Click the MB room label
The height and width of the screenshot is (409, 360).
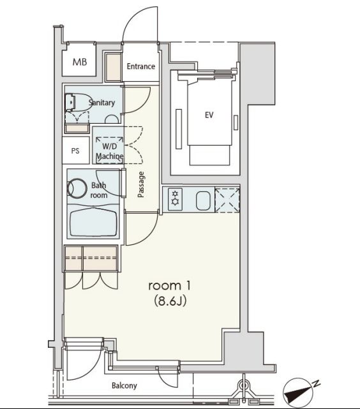click(x=80, y=62)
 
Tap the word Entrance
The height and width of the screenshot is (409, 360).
click(x=141, y=66)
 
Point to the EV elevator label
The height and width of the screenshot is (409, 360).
click(x=209, y=115)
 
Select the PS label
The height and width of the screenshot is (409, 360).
click(x=75, y=151)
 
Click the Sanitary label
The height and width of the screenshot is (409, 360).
click(x=101, y=102)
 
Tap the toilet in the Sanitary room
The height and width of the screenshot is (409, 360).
click(x=77, y=102)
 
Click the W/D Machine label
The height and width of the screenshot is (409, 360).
click(x=110, y=151)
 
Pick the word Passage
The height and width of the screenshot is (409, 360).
click(x=141, y=184)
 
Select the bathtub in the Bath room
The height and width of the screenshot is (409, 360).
click(x=93, y=222)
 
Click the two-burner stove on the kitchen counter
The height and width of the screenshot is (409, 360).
click(x=175, y=199)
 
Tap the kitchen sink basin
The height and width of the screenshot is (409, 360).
click(x=203, y=201)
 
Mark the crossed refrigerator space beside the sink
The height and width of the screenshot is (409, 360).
click(x=227, y=200)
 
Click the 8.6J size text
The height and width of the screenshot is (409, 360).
click(x=170, y=301)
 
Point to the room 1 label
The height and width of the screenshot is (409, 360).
click(x=170, y=286)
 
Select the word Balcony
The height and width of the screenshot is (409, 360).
click(x=124, y=385)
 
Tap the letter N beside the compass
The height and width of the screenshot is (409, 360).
click(x=317, y=383)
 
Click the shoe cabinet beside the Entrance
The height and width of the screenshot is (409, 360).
click(x=114, y=67)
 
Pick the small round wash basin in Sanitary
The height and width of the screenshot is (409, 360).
click(x=112, y=119)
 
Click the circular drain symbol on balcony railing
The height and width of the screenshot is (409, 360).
click(x=243, y=385)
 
